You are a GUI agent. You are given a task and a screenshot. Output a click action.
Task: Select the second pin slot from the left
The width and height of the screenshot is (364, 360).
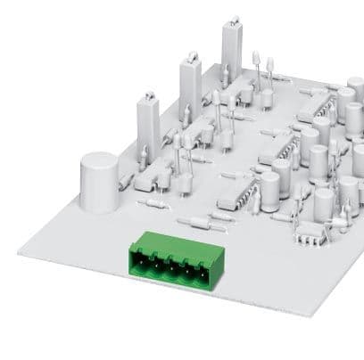coord(156,264)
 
